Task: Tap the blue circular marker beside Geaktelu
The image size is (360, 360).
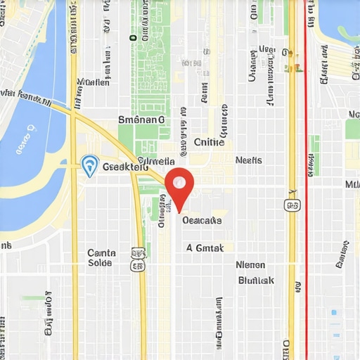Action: click(89, 165)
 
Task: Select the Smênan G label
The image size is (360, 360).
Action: click(141, 120)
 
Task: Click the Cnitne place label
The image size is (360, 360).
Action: click(209, 142)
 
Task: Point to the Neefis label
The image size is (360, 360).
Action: click(248, 160)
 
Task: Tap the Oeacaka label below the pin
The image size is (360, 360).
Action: click(202, 220)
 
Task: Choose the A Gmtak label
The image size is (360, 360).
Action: click(205, 247)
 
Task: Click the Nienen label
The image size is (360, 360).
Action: click(250, 265)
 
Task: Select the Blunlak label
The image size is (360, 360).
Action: click(256, 280)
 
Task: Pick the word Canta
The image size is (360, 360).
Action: click(101, 252)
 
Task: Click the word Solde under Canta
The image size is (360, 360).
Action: click(100, 263)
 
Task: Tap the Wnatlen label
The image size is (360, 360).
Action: click(94, 82)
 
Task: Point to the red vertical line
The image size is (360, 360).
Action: click(306, 211)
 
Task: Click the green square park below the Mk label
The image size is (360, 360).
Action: click(352, 129)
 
